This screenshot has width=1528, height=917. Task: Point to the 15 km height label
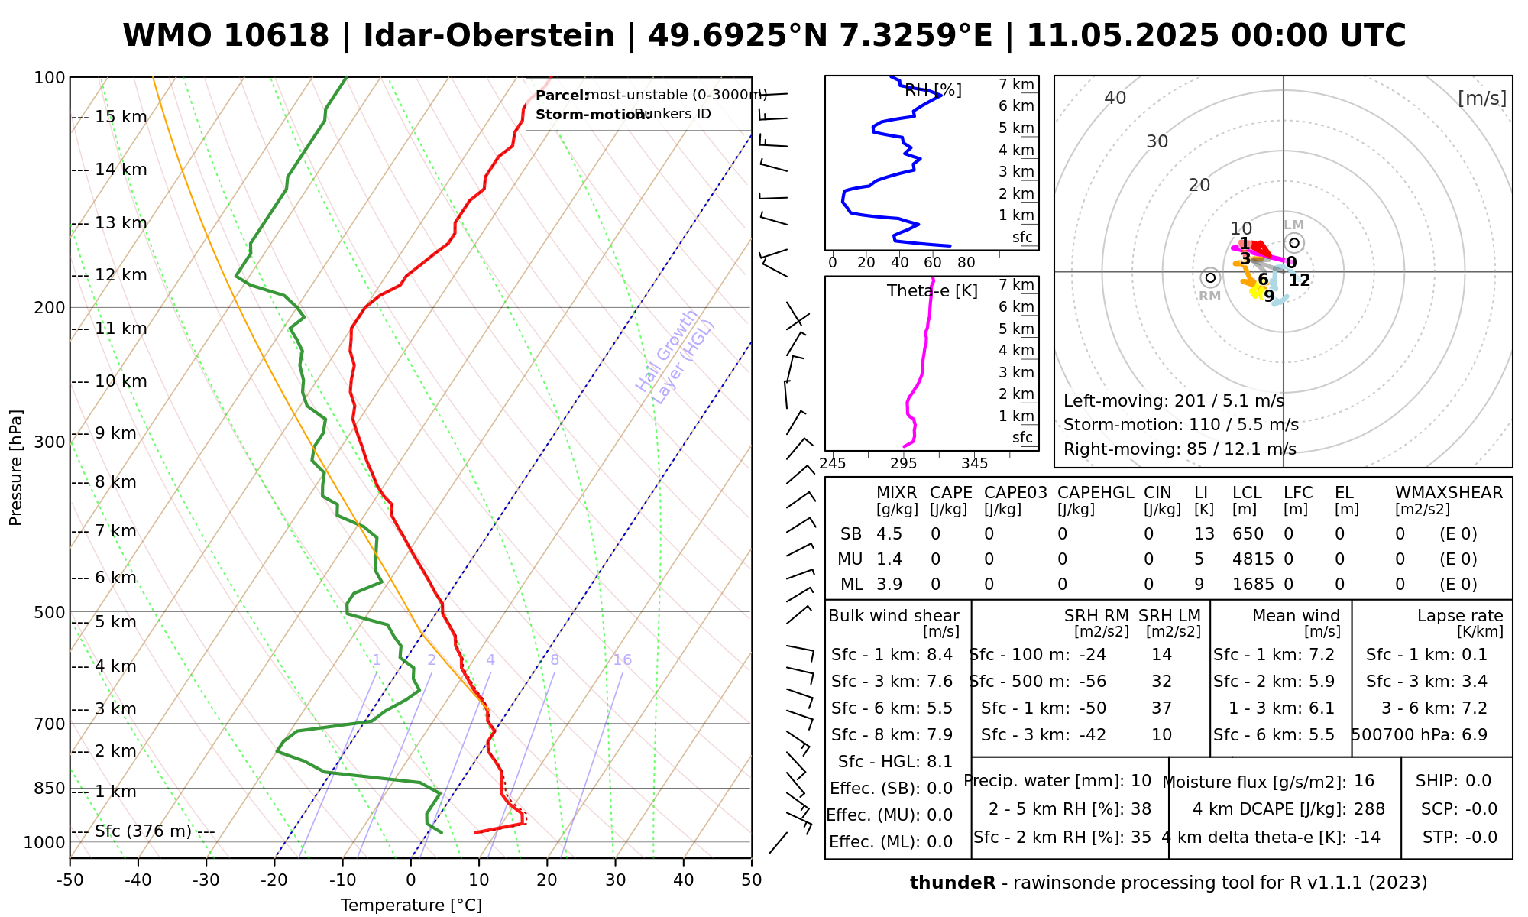121,117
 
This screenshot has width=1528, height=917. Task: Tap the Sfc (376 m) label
143,831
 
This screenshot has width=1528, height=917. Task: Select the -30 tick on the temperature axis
206,880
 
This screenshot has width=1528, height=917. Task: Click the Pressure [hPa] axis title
16,468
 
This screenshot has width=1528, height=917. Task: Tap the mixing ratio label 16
622,660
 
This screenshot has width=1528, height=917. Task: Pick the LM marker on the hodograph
1293,242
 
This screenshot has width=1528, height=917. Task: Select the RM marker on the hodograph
1209,278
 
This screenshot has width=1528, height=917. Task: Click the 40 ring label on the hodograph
1115,98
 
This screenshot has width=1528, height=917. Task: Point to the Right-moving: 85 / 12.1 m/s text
1180,449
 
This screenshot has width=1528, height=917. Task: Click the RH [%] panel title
933,91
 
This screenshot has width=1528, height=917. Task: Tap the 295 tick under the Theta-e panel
904,464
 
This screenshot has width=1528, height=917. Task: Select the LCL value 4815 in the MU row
1253,559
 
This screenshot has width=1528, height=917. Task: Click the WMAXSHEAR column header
1449,493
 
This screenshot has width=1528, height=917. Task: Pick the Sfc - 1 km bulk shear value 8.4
939,655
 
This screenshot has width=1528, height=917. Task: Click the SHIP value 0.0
1478,781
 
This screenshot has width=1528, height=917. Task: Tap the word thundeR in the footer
953,883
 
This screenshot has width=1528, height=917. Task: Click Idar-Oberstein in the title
489,36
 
